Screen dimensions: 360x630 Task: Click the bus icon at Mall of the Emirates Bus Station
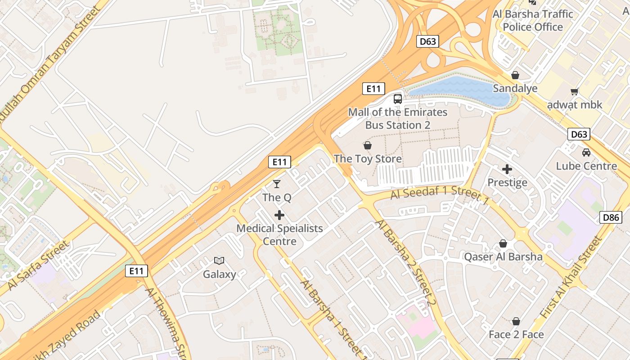[398, 99]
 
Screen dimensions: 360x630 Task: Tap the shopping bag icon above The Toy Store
[368, 145]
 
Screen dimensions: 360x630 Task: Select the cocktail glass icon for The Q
[277, 184]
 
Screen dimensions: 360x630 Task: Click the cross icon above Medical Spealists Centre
[279, 215]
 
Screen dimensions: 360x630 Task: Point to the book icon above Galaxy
[219, 261]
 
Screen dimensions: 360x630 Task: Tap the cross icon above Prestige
[507, 169]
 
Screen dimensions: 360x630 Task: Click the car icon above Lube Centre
[586, 153]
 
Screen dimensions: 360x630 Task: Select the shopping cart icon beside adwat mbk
[574, 92]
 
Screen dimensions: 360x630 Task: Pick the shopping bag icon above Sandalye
[515, 75]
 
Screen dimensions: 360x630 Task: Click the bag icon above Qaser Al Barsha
[503, 243]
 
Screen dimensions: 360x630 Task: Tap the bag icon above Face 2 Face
[516, 321]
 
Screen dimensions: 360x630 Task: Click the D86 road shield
[611, 218]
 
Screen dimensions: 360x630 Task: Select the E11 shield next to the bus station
[373, 89]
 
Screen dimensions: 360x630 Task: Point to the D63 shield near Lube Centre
[579, 134]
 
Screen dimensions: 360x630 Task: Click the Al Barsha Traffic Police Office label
[533, 21]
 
